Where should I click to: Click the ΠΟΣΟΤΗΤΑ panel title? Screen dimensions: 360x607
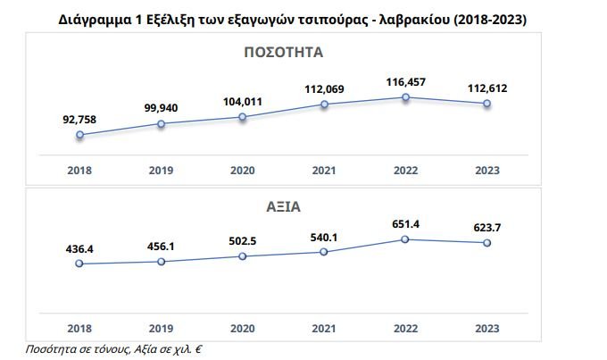[283, 53]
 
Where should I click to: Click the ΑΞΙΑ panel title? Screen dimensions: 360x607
[283, 205]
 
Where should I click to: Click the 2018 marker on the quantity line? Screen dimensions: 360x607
[79, 135]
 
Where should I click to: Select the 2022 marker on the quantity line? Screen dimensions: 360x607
[406, 97]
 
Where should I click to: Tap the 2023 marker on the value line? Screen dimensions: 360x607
[487, 242]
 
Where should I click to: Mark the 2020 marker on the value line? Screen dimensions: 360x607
[243, 256]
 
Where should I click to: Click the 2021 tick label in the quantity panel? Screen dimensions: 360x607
[324, 170]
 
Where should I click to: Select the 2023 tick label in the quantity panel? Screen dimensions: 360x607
[487, 170]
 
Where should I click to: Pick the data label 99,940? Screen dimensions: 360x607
[162, 108]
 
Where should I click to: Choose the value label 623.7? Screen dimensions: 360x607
[487, 228]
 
